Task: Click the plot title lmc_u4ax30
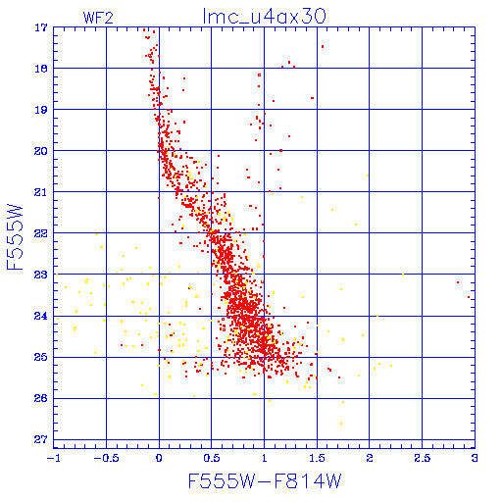click(264, 16)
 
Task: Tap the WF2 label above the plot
click(98, 18)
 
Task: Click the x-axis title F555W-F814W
click(265, 480)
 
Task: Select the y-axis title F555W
click(15, 237)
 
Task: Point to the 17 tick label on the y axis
click(41, 28)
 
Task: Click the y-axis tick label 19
click(41, 110)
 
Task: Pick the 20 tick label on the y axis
click(41, 151)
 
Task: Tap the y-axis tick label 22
click(41, 233)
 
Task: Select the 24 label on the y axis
click(41, 316)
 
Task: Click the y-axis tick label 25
click(41, 357)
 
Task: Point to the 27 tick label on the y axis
click(41, 439)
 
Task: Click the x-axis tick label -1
click(53, 458)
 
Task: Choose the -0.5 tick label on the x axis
click(106, 458)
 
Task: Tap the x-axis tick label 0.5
click(212, 458)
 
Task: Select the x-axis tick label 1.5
click(317, 458)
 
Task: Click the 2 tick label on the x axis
click(370, 458)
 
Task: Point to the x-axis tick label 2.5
click(422, 458)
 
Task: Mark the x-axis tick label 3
click(475, 458)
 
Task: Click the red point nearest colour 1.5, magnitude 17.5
click(323, 47)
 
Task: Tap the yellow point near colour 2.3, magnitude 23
click(403, 275)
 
